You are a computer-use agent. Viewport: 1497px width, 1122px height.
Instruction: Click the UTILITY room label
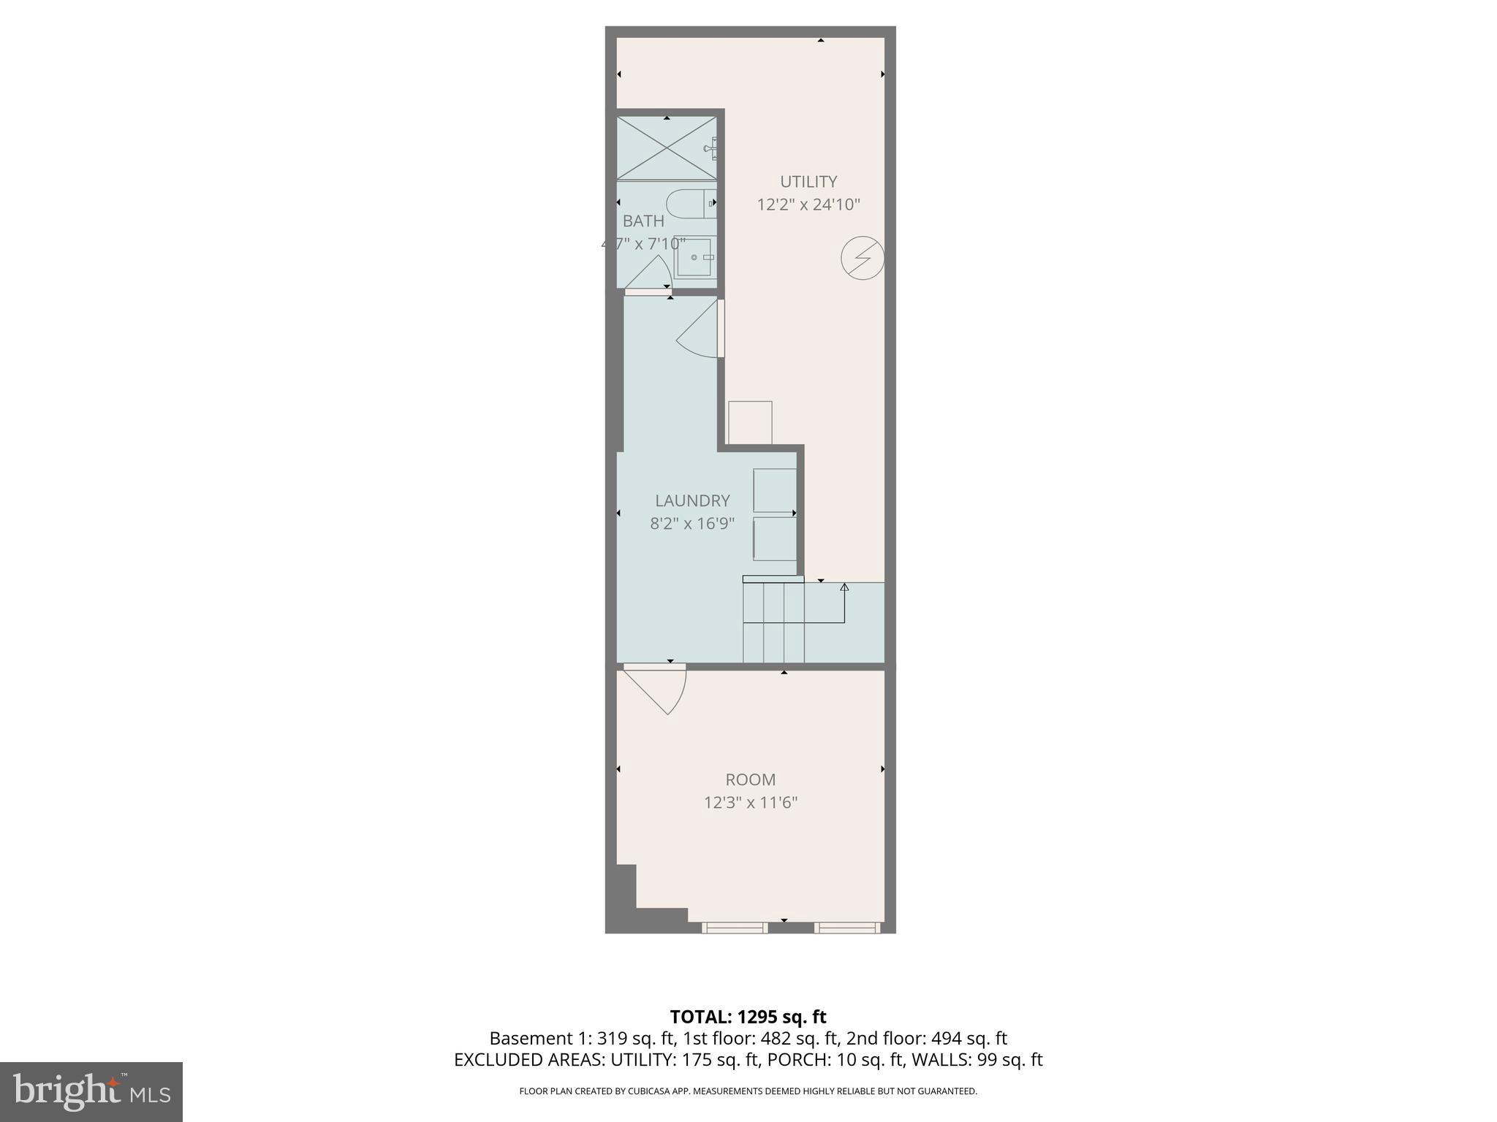pyautogui.click(x=808, y=182)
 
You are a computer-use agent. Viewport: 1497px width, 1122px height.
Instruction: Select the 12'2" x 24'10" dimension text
pyautogui.click(x=808, y=205)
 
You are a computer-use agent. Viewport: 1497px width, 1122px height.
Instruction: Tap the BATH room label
pyautogui.click(x=643, y=221)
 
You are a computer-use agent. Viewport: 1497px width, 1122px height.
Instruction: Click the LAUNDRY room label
pyautogui.click(x=692, y=501)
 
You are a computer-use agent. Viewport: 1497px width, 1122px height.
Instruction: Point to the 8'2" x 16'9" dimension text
pyautogui.click(x=692, y=524)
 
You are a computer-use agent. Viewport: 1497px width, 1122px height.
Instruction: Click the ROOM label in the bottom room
pyautogui.click(x=750, y=780)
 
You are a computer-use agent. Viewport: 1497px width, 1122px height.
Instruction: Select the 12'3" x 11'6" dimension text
pyautogui.click(x=750, y=803)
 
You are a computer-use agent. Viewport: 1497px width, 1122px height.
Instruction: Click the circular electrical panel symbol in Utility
pyautogui.click(x=863, y=258)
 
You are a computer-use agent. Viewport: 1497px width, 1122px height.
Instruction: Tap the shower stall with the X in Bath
pyautogui.click(x=667, y=148)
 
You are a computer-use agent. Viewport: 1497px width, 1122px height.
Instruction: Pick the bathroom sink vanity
pyautogui.click(x=693, y=257)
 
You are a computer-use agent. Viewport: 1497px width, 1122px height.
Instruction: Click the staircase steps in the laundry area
pyautogui.click(x=773, y=622)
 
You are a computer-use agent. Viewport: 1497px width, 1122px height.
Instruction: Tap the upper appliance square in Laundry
pyautogui.click(x=775, y=490)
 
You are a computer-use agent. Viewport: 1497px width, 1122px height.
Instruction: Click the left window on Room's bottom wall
pyautogui.click(x=735, y=928)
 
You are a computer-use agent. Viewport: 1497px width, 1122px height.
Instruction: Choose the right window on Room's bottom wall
pyautogui.click(x=847, y=928)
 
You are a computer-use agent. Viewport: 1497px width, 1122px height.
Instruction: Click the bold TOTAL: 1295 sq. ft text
pyautogui.click(x=748, y=1017)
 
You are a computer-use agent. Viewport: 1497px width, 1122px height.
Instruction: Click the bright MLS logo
pyautogui.click(x=91, y=1091)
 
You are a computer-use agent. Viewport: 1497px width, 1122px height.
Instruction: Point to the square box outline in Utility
pyautogui.click(x=750, y=422)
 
